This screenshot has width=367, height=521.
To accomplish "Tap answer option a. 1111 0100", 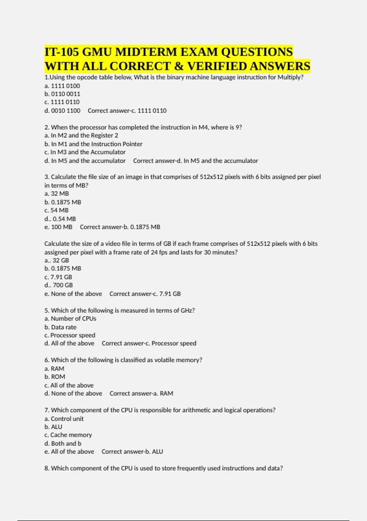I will point(62,86).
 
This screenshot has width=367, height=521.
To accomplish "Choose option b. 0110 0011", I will point(62,94).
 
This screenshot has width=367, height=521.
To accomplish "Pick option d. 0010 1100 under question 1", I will point(62,111).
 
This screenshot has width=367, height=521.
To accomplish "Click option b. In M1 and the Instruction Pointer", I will point(93,144).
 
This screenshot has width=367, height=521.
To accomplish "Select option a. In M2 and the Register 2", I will point(81,135).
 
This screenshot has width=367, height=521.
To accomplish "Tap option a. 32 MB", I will point(57,194).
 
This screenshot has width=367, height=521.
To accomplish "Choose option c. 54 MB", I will point(57,210).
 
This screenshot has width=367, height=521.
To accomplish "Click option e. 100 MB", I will point(58,227).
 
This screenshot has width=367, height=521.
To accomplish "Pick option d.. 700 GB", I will point(58,285).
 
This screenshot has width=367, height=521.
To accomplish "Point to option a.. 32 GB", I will point(57,260).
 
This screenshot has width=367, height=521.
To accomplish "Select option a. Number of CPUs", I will point(70,319).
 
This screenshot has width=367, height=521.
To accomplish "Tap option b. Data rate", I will point(60,327).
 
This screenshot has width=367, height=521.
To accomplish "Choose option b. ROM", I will point(55,377).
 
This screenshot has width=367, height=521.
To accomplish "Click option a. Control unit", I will point(64,419).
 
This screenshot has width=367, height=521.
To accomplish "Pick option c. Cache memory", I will point(68,435).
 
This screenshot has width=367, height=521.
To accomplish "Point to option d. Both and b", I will point(63,443).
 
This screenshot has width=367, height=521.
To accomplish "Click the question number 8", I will point(46,468).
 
